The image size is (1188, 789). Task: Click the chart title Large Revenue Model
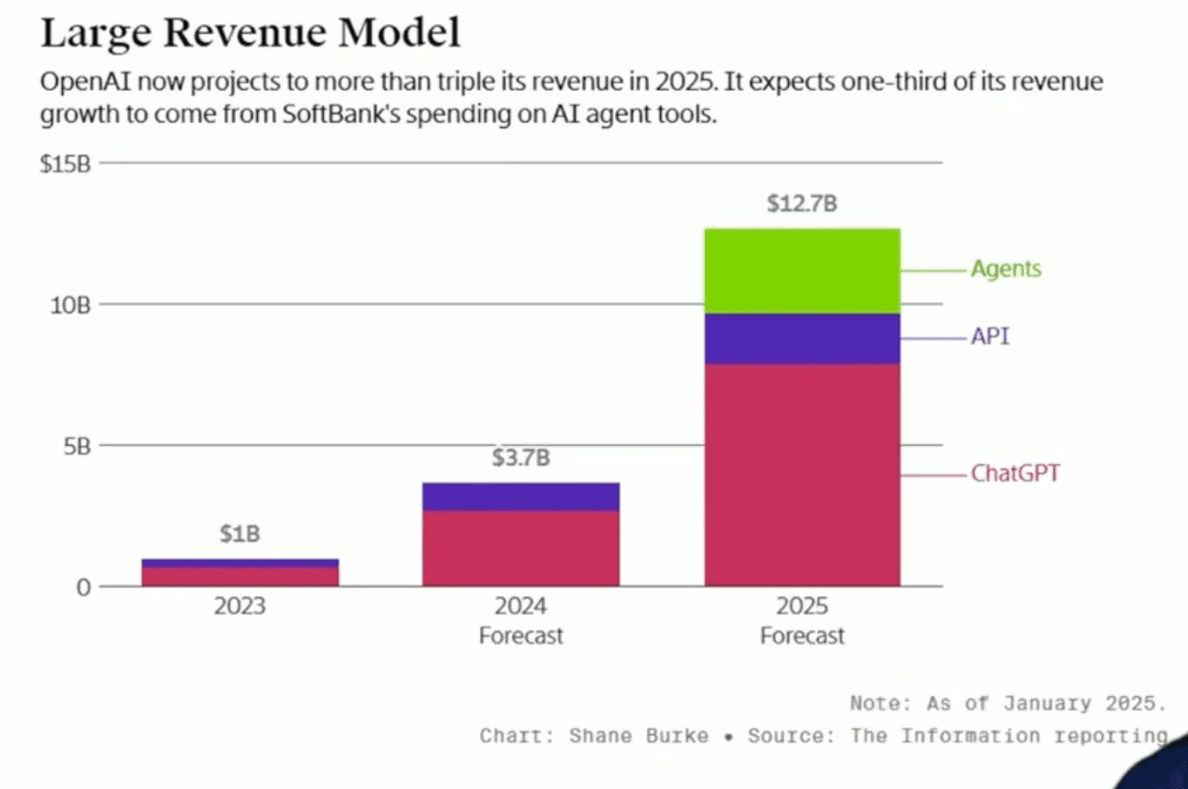(x=250, y=33)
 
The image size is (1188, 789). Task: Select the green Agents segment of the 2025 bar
(x=802, y=271)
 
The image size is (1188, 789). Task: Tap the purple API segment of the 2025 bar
(x=802, y=339)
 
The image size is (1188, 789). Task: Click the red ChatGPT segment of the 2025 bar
(x=802, y=475)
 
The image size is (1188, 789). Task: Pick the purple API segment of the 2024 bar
(x=521, y=496)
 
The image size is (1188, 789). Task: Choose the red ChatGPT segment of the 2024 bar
(x=521, y=548)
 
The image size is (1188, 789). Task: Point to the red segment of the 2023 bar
(x=240, y=576)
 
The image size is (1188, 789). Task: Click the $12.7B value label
(x=802, y=204)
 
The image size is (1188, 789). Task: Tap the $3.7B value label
(x=521, y=457)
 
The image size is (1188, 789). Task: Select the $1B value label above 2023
(x=240, y=534)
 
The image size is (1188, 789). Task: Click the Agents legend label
(x=1006, y=269)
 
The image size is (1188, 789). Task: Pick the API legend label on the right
(x=990, y=336)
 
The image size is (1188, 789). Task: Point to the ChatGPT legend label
(x=1015, y=474)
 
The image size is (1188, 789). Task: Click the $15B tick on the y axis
(x=66, y=164)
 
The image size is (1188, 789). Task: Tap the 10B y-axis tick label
(x=71, y=305)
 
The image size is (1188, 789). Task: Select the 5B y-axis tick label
(x=77, y=446)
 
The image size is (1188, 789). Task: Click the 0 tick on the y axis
(x=83, y=587)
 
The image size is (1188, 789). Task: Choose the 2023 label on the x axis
(x=240, y=606)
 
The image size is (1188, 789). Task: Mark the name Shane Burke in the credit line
(x=639, y=736)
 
